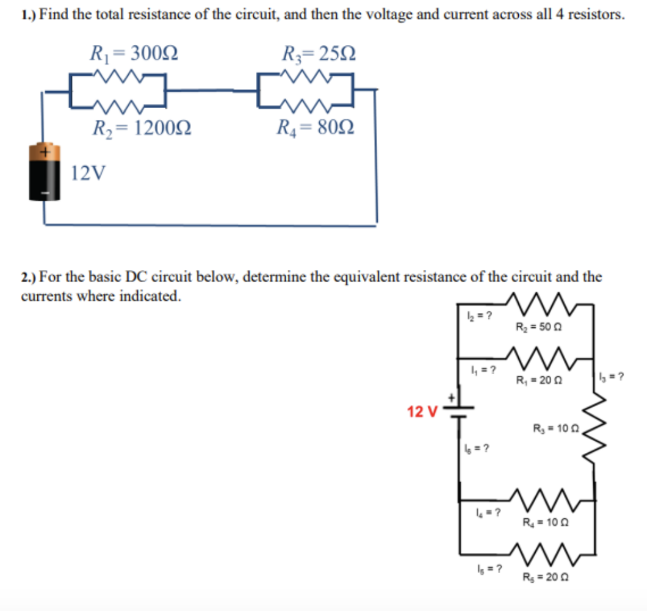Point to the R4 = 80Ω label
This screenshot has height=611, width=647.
point(315,129)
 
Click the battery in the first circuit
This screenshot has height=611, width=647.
point(44,172)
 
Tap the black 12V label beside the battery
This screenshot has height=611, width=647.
point(88,172)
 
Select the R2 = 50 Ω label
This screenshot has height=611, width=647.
point(539,327)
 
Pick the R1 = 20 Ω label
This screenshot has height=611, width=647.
point(539,380)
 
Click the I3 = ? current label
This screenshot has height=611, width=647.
point(611,377)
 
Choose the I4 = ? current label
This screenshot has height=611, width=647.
point(488,512)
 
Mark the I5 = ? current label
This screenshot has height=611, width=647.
point(488,567)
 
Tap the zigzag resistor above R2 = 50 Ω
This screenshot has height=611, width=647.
point(543,305)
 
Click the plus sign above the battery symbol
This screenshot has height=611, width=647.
point(452,398)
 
